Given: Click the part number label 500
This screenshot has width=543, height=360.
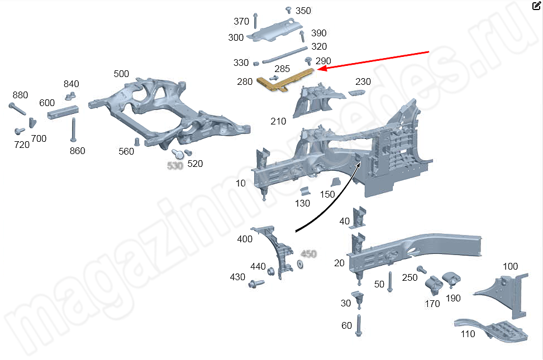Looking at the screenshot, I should pyautogui.click(x=121, y=74).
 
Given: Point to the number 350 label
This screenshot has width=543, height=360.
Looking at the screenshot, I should pyautogui.click(x=303, y=11).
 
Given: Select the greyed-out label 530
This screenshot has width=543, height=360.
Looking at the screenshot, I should pyautogui.click(x=175, y=165).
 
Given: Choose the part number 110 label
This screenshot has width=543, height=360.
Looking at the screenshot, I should pyautogui.click(x=468, y=334).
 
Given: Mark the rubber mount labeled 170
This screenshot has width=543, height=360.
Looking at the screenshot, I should pyautogui.click(x=434, y=285).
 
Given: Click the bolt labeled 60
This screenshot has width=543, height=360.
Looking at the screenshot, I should pyautogui.click(x=359, y=325).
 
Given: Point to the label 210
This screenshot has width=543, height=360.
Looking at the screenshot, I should pyautogui.click(x=278, y=121).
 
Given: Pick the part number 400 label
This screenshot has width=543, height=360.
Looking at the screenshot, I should pyautogui.click(x=245, y=239).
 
